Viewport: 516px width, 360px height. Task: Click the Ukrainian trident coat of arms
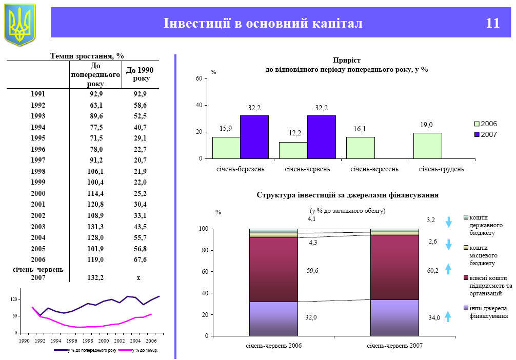[x=20, y=24]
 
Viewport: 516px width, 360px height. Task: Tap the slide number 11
[x=492, y=23]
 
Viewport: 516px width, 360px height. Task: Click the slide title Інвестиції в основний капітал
[x=263, y=23]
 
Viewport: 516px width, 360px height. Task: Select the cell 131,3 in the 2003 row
[x=95, y=227]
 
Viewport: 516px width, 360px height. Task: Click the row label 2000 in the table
[x=38, y=193]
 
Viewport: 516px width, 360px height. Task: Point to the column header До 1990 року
[x=140, y=74]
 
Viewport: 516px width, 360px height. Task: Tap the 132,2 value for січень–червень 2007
[x=95, y=277]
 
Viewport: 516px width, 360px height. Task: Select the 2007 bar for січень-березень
[x=254, y=137]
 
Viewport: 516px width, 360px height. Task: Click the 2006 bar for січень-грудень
[x=427, y=146]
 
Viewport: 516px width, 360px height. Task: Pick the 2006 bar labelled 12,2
[x=293, y=150]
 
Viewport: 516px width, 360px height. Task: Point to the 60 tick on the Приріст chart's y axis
[x=198, y=79]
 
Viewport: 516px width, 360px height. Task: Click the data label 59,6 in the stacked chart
[x=312, y=271]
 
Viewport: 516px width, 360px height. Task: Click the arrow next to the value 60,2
[x=448, y=269]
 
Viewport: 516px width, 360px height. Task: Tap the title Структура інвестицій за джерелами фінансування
[x=347, y=195]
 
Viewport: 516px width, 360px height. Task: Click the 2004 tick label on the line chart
[x=135, y=341]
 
